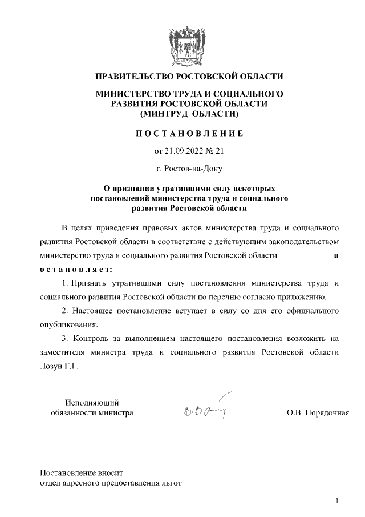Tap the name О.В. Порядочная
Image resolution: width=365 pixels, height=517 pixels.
pyautogui.click(x=318, y=412)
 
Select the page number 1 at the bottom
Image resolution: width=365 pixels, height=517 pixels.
pyautogui.click(x=337, y=501)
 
